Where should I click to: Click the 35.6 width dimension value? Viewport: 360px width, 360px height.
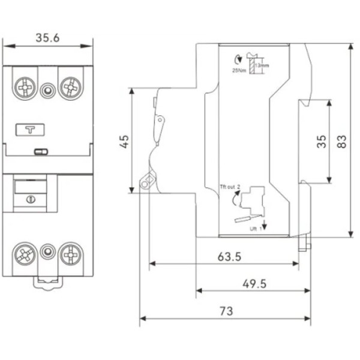pos(47,38)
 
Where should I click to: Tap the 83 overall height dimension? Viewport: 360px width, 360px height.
pos(342,141)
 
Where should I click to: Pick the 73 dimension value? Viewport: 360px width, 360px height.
pos(226,311)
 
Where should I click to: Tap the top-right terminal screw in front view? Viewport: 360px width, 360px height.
pos(71,88)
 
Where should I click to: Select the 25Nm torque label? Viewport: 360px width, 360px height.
pos(238,71)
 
